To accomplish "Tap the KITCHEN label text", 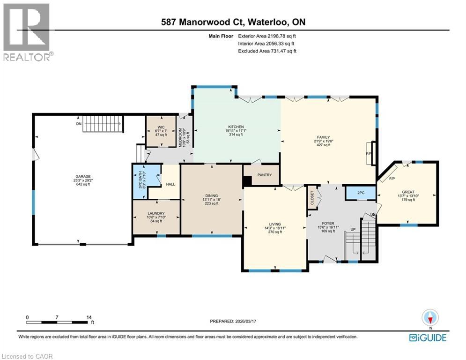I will (236, 127).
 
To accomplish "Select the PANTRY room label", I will (261, 175).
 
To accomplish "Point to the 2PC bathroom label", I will (360, 193).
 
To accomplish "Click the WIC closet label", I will (161, 127).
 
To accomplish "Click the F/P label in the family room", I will (368, 153).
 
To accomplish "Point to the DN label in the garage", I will (78, 124).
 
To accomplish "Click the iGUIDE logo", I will (427, 337).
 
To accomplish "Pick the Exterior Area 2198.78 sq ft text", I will (267, 35).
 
